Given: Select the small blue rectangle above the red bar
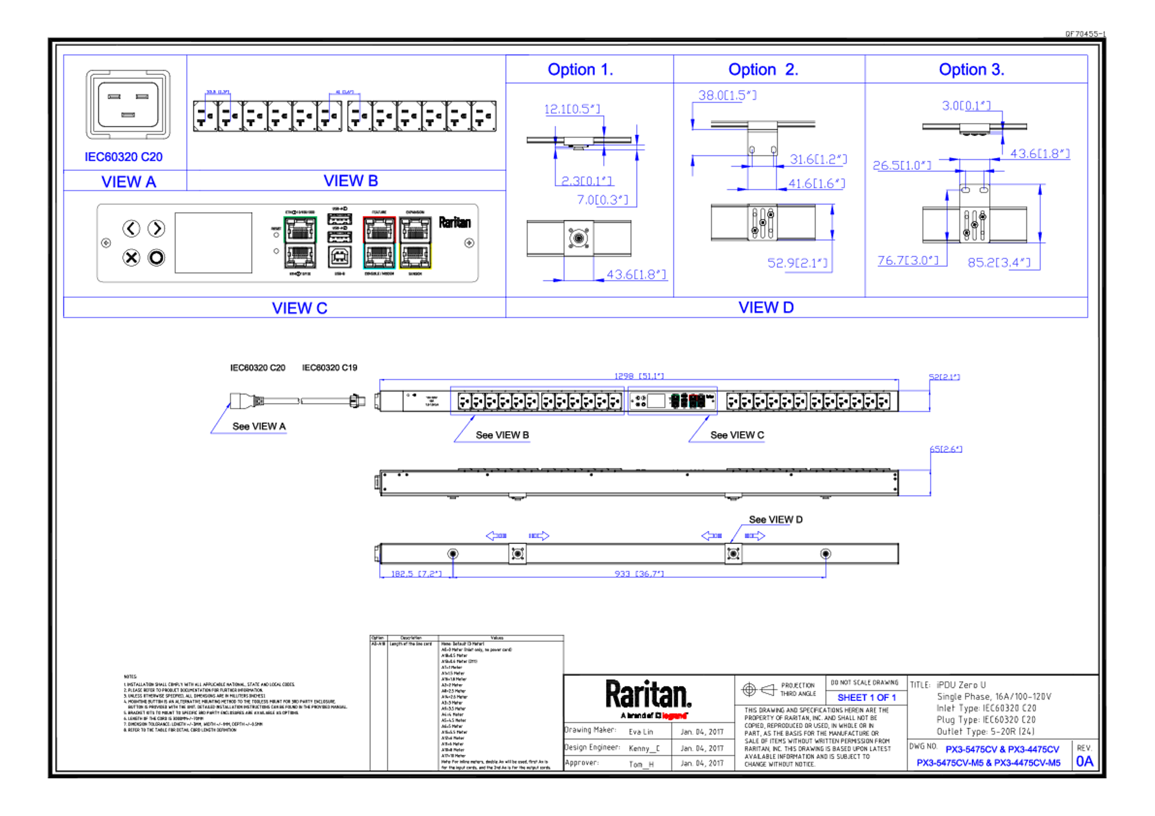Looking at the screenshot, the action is click(872, 698).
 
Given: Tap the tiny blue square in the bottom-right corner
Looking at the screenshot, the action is click(1087, 762).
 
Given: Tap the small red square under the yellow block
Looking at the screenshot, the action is click(402, 276).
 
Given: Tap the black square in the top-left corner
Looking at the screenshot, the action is click(136, 110).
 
